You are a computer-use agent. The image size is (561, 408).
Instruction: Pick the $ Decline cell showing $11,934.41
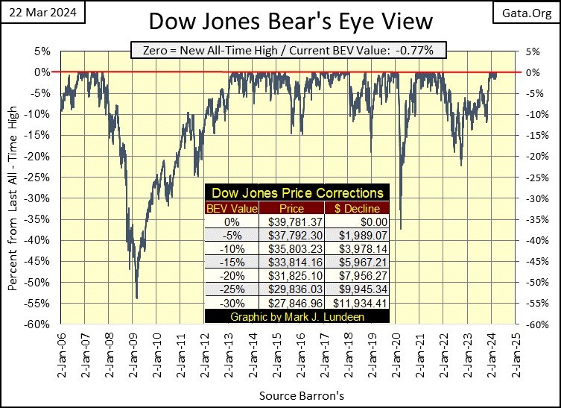tap(356, 303)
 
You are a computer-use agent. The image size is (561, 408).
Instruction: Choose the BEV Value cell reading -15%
tap(232, 263)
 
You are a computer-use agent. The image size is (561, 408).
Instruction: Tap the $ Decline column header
tap(356, 208)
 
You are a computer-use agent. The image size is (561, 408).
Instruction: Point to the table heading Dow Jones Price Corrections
tap(296, 192)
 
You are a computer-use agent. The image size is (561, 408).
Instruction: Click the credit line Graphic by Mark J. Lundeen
tap(296, 316)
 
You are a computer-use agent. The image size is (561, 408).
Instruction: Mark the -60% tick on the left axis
tap(40, 324)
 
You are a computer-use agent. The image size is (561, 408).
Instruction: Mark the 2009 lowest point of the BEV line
tap(136, 298)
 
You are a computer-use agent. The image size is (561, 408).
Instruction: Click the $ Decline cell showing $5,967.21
tap(356, 263)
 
